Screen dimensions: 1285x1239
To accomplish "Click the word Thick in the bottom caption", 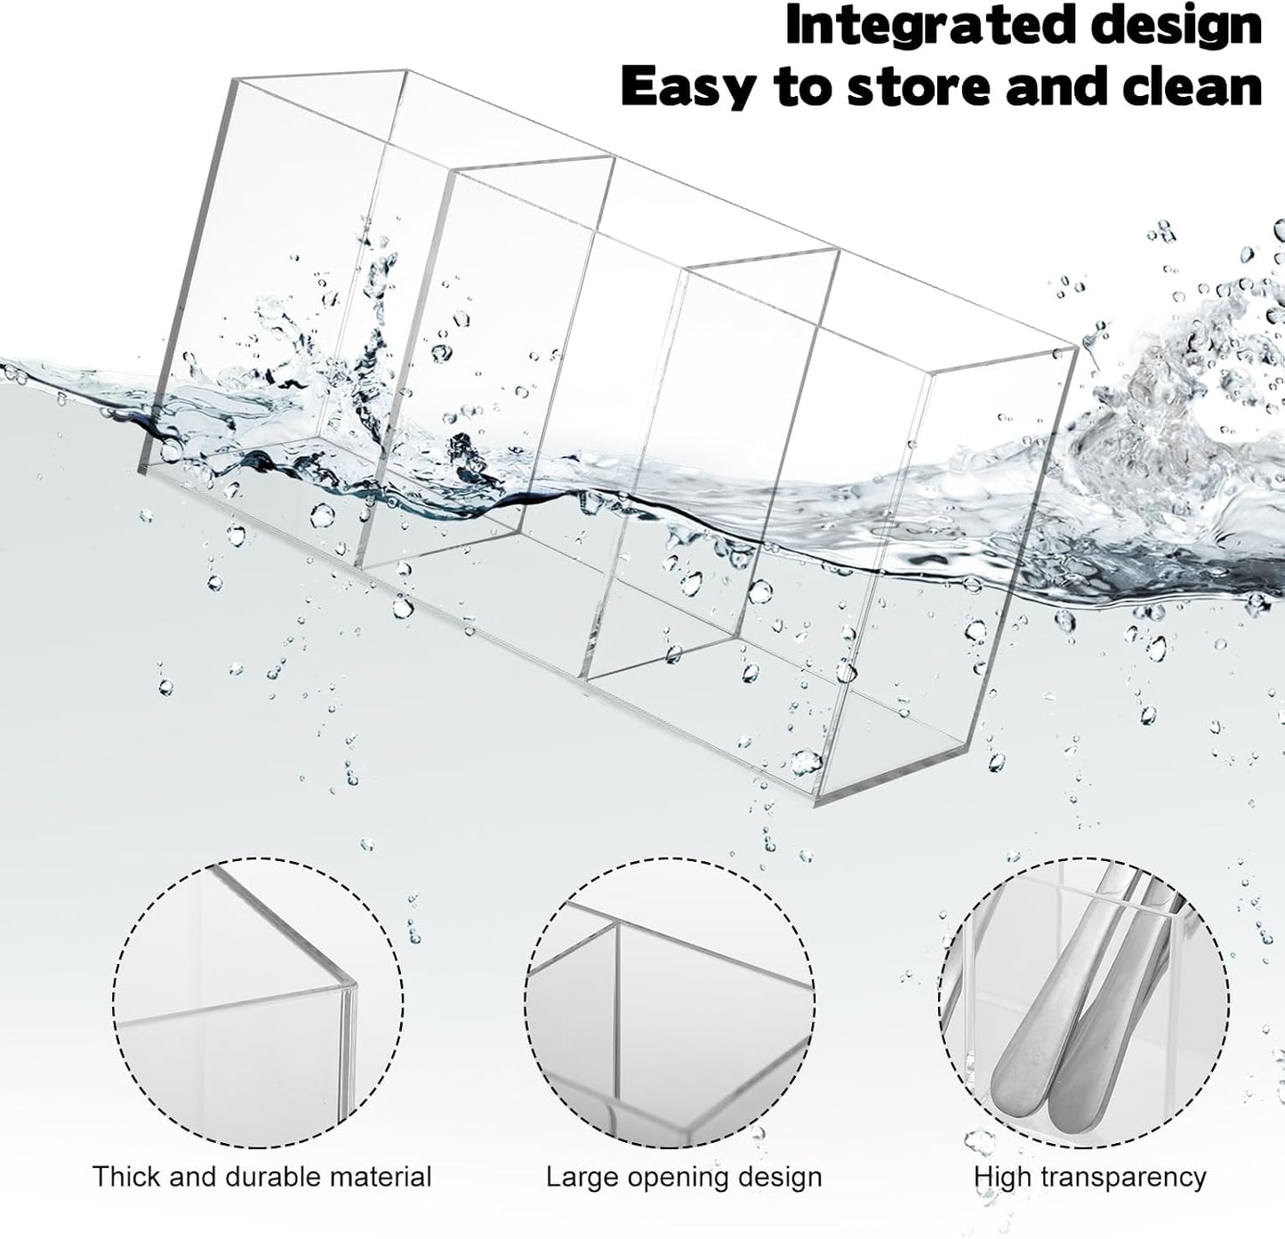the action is (126, 1176).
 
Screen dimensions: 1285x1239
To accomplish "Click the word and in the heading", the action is (1057, 86).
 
